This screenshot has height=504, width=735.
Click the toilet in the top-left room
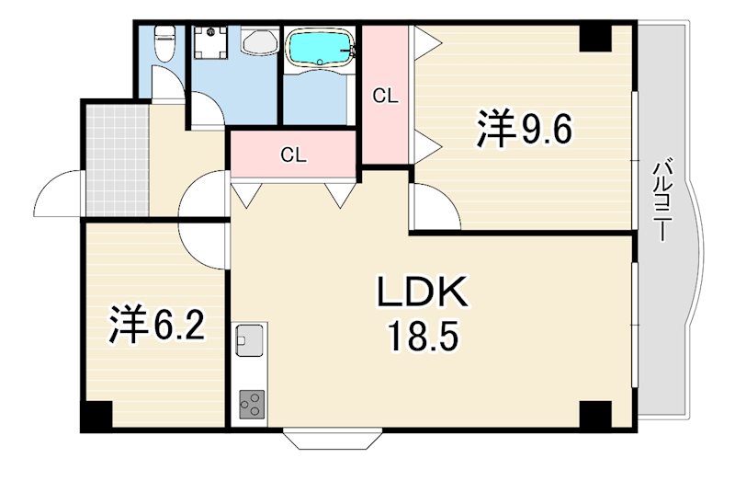[x=164, y=43]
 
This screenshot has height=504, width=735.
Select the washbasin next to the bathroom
[x=260, y=40]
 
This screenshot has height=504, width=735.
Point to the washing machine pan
[x=210, y=42]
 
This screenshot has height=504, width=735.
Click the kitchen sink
[x=249, y=339]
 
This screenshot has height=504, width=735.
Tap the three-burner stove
[x=252, y=405]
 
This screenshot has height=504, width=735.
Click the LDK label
[x=423, y=292]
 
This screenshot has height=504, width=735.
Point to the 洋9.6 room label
[x=524, y=129]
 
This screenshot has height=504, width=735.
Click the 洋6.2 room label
[x=156, y=326]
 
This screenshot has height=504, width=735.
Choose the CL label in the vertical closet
[x=385, y=97]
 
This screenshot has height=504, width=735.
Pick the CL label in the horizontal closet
[x=294, y=155]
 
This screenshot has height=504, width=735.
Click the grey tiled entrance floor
[x=118, y=159]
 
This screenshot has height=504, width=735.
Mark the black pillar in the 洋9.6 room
[x=595, y=38]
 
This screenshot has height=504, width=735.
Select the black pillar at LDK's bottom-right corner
[x=595, y=415]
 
